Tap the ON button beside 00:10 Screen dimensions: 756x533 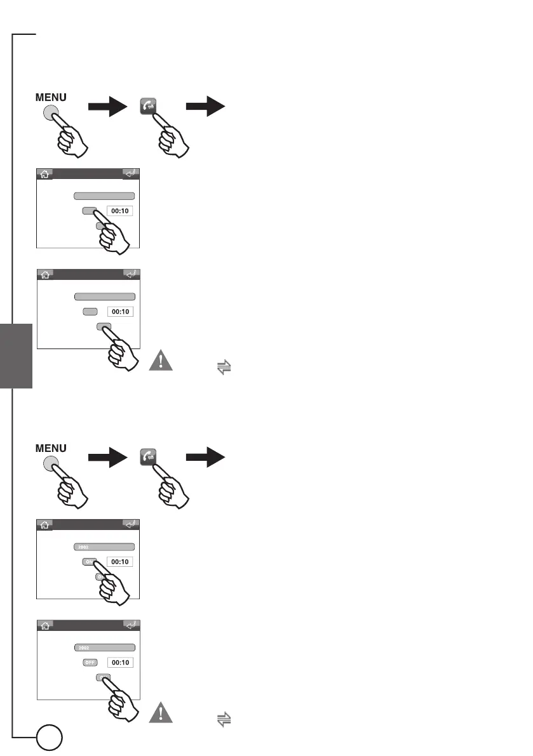(88, 562)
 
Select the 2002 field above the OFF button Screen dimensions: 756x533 (105, 647)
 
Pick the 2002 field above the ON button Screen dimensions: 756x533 (104, 547)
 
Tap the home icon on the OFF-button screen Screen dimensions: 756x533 (45, 625)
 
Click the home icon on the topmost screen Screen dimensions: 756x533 (45, 174)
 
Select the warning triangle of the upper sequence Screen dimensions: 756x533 (163, 361)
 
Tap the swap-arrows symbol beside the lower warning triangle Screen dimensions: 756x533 (223, 720)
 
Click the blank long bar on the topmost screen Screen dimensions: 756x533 (104, 196)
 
